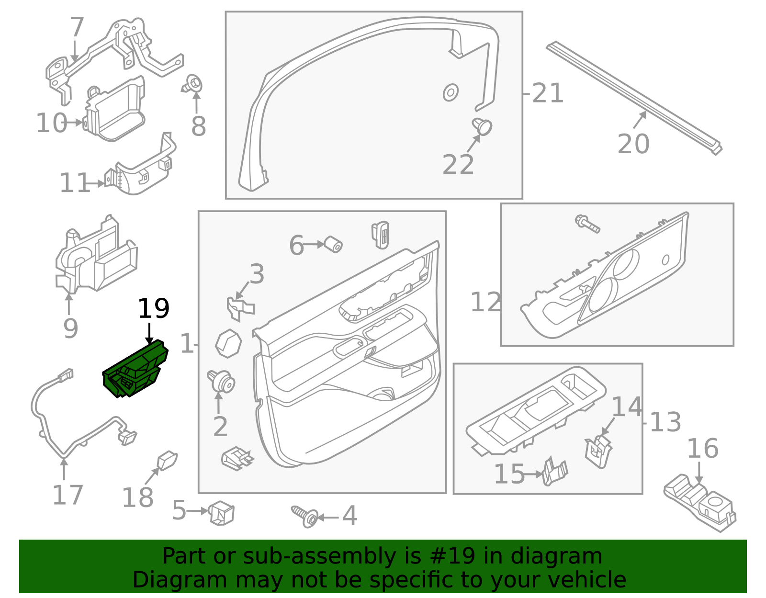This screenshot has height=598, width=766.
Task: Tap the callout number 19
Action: (153, 309)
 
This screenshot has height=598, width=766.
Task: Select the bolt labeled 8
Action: (193, 85)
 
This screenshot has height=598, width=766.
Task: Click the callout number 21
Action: (547, 93)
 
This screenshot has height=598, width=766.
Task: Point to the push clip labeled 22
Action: (483, 126)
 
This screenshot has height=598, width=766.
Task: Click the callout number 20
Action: (633, 144)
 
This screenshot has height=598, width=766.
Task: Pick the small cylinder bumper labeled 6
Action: (332, 245)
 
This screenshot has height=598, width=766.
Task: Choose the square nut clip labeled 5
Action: (222, 513)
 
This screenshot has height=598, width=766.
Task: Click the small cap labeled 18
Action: (167, 461)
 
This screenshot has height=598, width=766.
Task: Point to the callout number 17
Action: (68, 495)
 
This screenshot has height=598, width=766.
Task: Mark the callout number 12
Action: (485, 303)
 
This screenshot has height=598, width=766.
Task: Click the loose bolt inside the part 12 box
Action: (587, 223)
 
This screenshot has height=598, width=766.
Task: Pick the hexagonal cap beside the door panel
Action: (228, 343)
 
